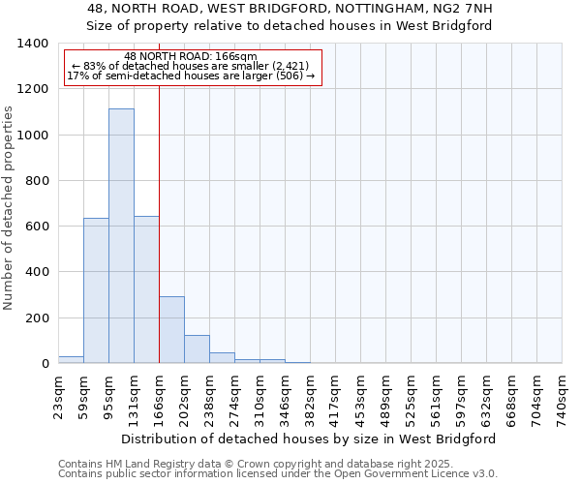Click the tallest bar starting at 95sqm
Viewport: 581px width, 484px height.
(121, 236)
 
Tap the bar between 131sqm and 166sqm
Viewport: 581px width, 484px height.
(146, 289)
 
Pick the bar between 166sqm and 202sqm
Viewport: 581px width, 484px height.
(171, 330)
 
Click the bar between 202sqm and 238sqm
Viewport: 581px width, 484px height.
(197, 349)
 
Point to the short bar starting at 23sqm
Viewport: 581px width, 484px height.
(71, 359)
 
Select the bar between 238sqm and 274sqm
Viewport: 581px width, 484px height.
(222, 358)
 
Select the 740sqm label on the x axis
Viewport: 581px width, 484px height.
(563, 397)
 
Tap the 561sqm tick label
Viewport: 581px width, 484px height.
(437, 397)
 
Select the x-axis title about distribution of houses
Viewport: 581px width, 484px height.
(310, 439)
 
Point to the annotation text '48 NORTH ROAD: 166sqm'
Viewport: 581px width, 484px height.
(191, 56)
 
